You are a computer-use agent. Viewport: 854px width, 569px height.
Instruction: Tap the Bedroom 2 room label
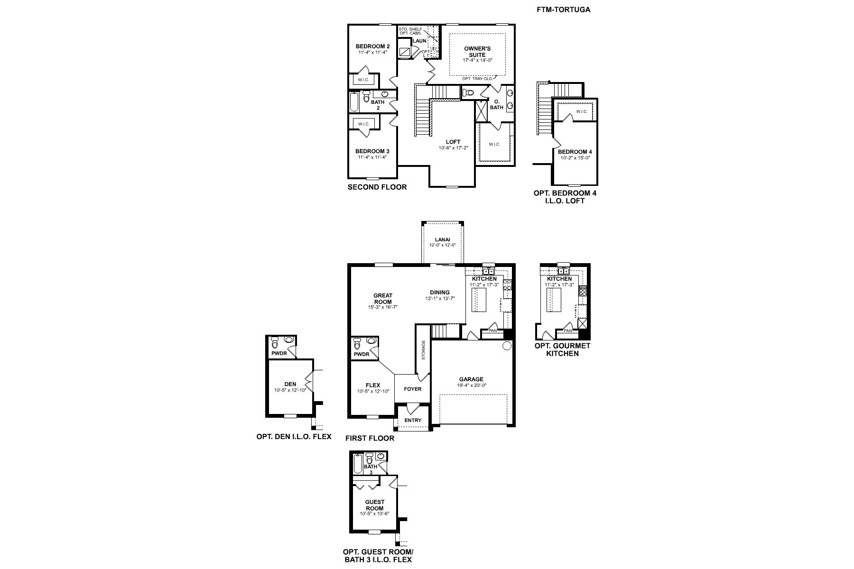[x=373, y=46]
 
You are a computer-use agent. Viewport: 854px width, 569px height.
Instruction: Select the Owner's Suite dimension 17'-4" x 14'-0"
[x=478, y=60]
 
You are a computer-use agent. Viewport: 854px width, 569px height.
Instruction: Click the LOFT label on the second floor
[x=453, y=142]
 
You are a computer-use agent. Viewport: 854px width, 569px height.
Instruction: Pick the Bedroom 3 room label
[x=372, y=151]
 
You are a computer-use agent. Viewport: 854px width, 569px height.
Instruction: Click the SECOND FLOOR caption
[x=377, y=187]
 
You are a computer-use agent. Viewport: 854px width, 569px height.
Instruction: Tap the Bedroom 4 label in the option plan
[x=575, y=152]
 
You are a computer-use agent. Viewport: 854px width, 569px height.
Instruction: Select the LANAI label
[x=443, y=239]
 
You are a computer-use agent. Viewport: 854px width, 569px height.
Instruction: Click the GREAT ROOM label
[x=383, y=299]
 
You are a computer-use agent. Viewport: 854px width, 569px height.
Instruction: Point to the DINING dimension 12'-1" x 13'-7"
[x=440, y=299]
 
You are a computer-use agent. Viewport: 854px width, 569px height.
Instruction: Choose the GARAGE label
[x=471, y=379]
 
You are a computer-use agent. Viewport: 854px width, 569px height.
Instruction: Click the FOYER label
[x=413, y=389]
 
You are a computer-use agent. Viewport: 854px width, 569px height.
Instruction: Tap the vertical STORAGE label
[x=423, y=350]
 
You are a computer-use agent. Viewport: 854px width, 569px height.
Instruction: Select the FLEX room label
[x=373, y=385]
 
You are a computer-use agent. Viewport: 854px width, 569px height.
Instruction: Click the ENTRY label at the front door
[x=413, y=420]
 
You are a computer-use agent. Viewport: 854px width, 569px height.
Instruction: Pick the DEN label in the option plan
[x=290, y=384]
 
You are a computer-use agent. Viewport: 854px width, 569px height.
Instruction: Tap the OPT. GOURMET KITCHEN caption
[x=563, y=349]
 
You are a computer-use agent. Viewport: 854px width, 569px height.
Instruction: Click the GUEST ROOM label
[x=374, y=505]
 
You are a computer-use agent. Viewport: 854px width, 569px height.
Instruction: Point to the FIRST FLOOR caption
[x=370, y=438]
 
